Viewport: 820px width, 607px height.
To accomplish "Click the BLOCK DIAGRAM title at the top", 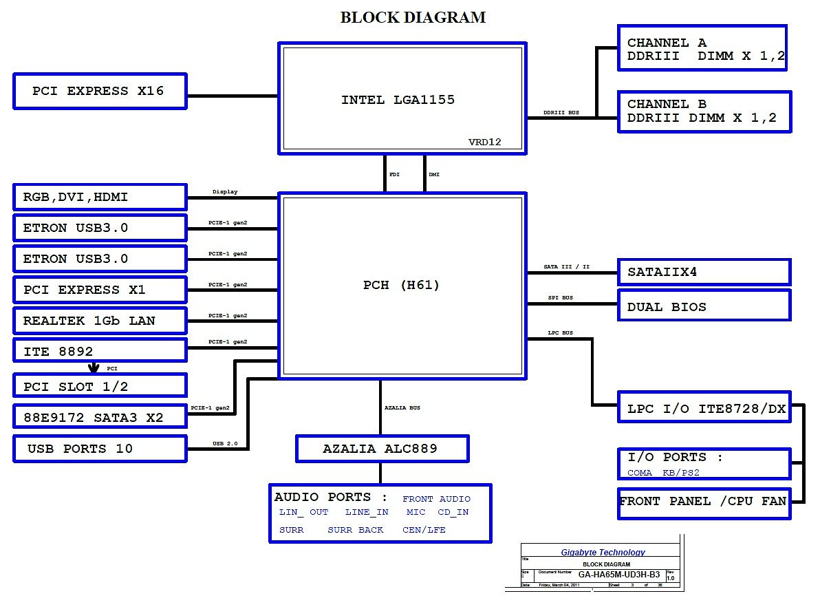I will tap(413, 18).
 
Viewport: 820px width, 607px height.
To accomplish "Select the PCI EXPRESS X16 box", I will tap(100, 91).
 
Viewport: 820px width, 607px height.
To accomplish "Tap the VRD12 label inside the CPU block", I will tap(485, 142).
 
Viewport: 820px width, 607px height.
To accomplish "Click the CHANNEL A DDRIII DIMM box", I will tap(702, 49).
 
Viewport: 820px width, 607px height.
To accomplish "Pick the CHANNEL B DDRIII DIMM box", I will tap(704, 111).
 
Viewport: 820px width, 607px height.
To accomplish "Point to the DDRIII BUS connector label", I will tap(561, 112).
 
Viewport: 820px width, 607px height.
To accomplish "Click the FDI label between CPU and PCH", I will tap(394, 175).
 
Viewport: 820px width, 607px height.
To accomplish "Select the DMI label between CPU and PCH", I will tap(434, 175).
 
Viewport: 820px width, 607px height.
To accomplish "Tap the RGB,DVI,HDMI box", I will tap(100, 197).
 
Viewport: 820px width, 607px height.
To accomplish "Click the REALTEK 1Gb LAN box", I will tap(100, 321).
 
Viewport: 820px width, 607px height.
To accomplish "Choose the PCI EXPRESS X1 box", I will tap(100, 290).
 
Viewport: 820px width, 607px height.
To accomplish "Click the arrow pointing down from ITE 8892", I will tap(94, 368).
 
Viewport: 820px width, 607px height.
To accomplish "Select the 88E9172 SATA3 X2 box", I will tap(100, 417).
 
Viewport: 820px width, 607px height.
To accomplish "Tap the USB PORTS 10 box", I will tap(100, 449).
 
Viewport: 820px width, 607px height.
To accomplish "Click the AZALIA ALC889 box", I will tap(382, 449).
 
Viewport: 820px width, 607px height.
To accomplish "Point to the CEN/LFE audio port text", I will tap(424, 530).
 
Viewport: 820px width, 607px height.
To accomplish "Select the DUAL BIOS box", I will tap(704, 307).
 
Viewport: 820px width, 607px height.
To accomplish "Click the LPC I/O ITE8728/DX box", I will tap(704, 409).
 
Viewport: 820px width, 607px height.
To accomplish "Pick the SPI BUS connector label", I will tap(560, 298).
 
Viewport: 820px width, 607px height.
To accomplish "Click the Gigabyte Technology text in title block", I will tap(603, 553).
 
